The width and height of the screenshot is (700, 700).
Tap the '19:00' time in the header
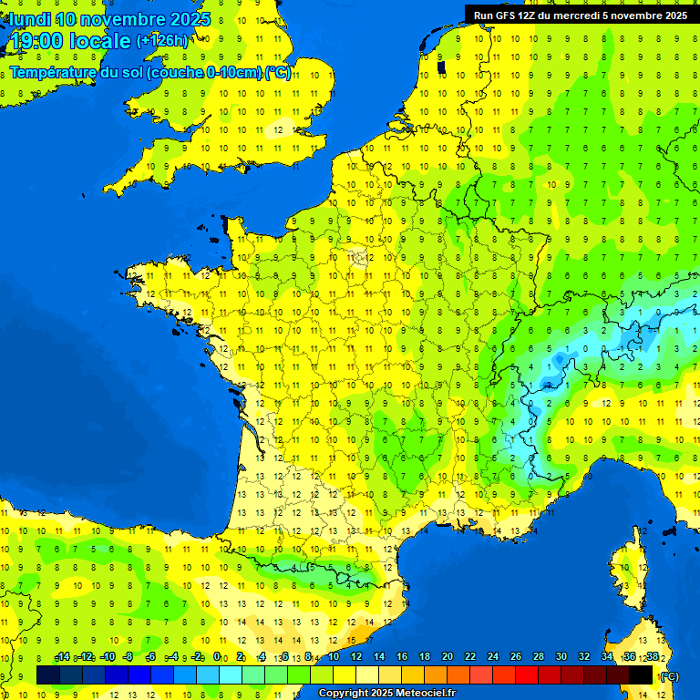36,41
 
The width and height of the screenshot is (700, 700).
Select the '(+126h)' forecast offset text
162,40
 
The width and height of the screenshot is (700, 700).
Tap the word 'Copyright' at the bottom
345,694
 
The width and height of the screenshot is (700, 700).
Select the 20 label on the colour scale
447,656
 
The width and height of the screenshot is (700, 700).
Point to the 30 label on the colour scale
561,656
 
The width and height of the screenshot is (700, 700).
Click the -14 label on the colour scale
62,656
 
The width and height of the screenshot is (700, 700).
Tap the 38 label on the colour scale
652,656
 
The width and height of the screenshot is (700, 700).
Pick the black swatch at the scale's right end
641,674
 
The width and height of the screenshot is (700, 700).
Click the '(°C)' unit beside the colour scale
670,675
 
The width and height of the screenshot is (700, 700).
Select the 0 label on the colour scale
217,656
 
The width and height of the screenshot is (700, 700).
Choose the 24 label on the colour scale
492,656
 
